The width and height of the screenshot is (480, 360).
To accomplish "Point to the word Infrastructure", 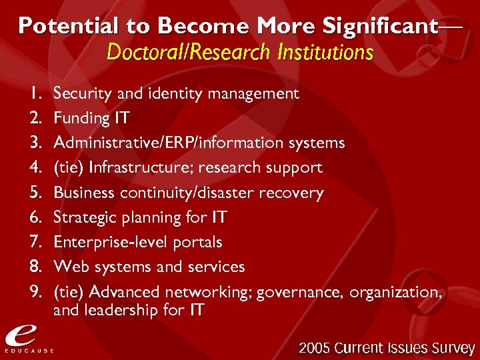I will click(x=139, y=167).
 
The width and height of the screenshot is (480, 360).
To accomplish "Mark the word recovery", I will click(x=294, y=193).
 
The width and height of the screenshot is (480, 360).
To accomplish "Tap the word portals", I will click(x=198, y=242).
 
